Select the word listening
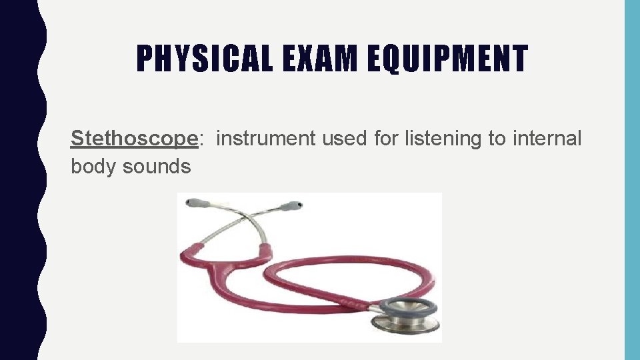pos(410,139)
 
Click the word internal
pos(547,139)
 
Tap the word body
pos(94,166)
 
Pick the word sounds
pos(157,166)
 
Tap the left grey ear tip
pos(194,202)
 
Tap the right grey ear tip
pos(291,206)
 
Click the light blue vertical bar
pos(631,180)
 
